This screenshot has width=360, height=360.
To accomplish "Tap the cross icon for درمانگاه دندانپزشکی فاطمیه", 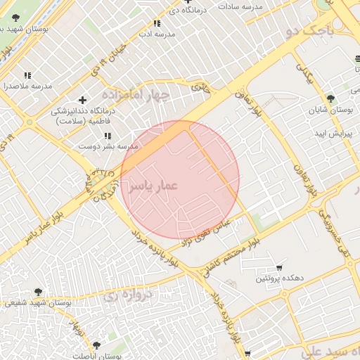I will [x=83, y=101].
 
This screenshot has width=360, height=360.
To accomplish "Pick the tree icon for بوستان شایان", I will [x=330, y=99].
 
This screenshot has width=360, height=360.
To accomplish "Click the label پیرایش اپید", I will [x=328, y=133].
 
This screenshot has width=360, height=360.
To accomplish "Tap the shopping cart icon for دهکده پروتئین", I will [x=280, y=267].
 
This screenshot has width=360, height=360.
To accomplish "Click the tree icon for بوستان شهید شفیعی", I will [x=37, y=291].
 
